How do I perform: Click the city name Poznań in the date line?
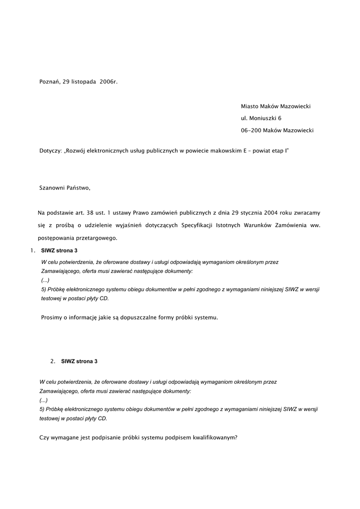[49, 82]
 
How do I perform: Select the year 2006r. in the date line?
[108, 82]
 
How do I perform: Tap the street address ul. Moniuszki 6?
[261, 118]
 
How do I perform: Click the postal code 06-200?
[251, 130]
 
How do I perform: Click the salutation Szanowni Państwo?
[65, 188]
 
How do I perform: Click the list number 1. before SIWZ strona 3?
[32, 251]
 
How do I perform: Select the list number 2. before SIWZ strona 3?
[53, 361]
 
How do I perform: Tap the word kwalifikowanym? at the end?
[213, 437]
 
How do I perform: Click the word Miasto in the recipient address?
[250, 106]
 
